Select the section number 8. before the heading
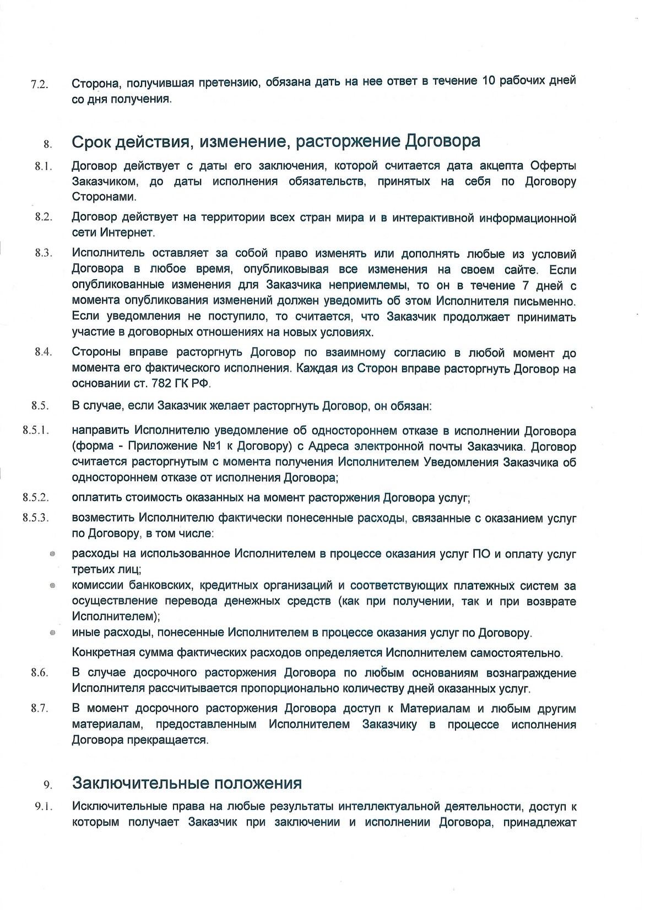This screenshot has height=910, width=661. [47, 145]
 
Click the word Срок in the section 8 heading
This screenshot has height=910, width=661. [91, 141]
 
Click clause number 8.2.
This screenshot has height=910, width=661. [44, 216]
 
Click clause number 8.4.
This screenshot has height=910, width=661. [43, 352]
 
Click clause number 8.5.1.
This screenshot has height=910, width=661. [36, 430]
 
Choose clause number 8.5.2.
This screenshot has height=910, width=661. [36, 497]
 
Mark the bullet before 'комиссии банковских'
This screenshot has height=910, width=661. [52, 586]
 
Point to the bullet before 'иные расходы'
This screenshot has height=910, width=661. [52, 634]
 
